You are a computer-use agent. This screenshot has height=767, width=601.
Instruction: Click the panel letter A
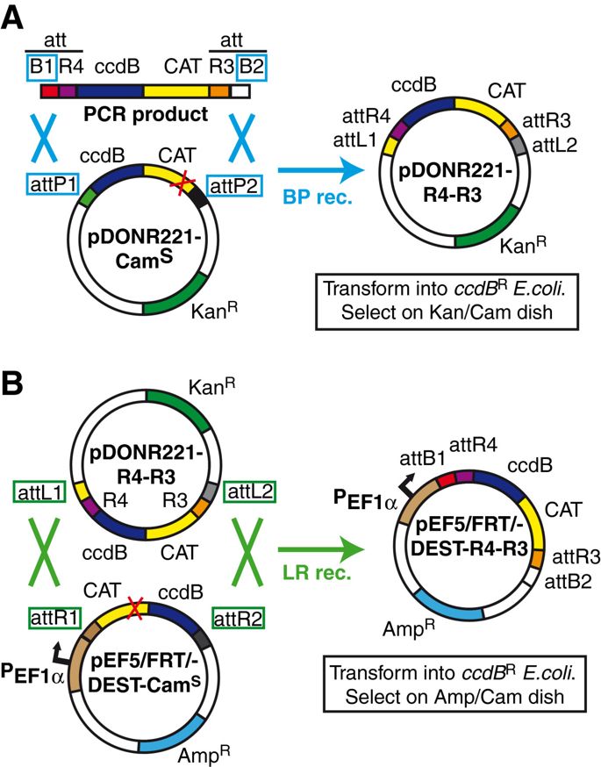[16, 18]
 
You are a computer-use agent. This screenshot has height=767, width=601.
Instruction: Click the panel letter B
[16, 382]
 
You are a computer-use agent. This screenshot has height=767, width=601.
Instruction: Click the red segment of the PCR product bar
[50, 90]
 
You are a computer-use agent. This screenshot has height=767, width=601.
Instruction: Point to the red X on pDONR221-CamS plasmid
[183, 182]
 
